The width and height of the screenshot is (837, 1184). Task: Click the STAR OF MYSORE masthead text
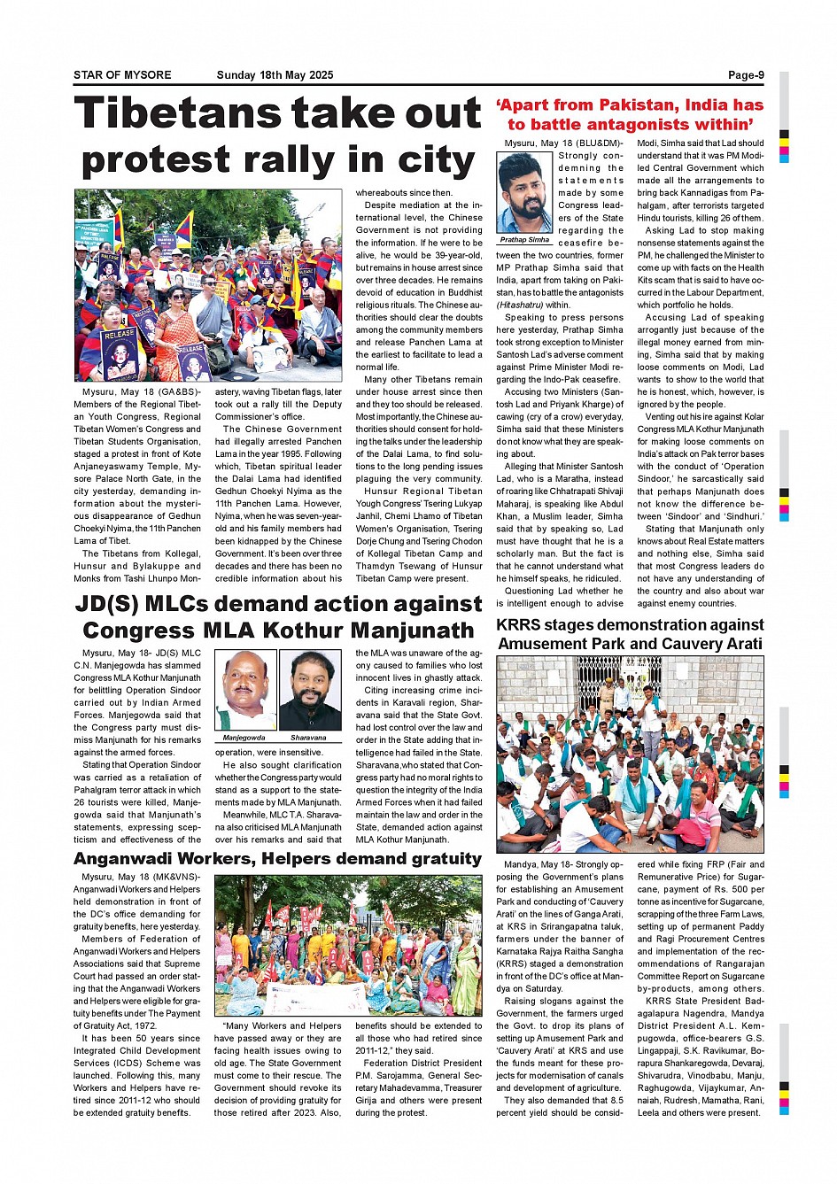[122, 75]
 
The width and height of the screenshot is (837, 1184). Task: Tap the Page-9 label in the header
[746, 75]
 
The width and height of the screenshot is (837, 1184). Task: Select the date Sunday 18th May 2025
[275, 75]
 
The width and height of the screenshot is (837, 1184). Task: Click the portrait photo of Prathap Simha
[525, 192]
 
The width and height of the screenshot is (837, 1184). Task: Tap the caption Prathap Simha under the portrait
[525, 240]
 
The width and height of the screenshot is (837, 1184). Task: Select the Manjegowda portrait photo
[245, 691]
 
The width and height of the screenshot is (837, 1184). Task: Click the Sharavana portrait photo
[309, 691]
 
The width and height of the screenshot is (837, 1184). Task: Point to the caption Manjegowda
[244, 737]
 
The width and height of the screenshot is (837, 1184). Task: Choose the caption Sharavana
[308, 737]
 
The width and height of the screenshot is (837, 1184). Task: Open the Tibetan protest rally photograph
[207, 285]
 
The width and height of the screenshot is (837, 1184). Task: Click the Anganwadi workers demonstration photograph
[348, 945]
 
